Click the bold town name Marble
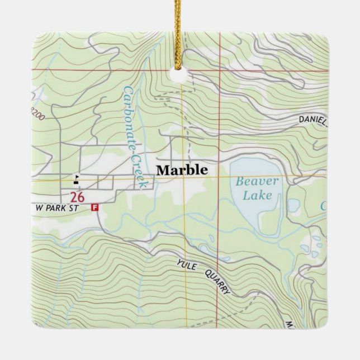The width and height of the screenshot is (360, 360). [182, 170]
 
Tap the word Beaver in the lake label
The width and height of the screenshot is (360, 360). [256, 181]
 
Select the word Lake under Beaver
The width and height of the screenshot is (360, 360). [257, 195]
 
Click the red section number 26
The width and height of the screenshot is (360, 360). [78, 197]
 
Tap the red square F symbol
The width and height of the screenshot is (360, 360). [94, 207]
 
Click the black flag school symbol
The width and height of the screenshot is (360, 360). [76, 180]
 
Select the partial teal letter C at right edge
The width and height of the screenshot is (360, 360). [324, 206]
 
